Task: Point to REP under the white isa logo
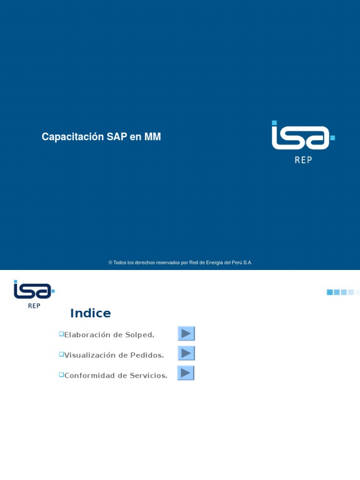coord(303,160)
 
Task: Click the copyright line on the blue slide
coord(180,262)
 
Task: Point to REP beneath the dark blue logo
coord(34,306)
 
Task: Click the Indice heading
coord(90,313)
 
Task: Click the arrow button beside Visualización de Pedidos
coord(186,353)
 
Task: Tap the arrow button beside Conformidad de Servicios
coord(186,373)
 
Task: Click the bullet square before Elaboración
coord(61,333)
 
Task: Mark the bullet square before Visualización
coord(61,354)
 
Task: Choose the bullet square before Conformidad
coord(61,374)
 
